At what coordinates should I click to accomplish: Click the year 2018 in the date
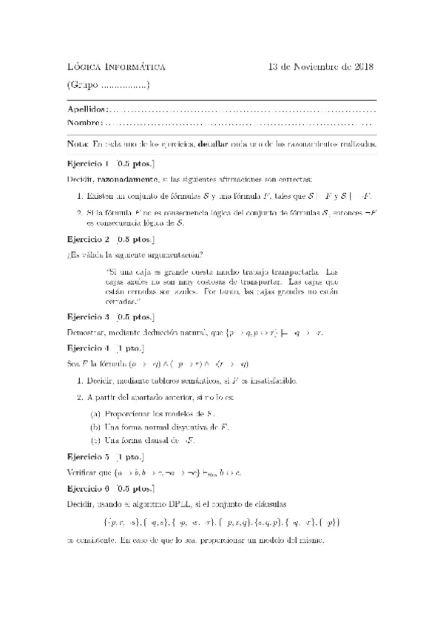[362, 68]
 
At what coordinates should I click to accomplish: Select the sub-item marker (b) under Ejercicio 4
[95, 427]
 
